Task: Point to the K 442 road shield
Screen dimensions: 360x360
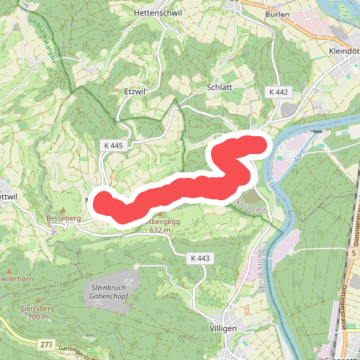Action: (279, 92)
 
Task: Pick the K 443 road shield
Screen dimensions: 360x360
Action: (201, 258)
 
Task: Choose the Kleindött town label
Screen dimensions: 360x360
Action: (342, 52)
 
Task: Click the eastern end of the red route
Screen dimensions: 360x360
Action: (259, 145)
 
